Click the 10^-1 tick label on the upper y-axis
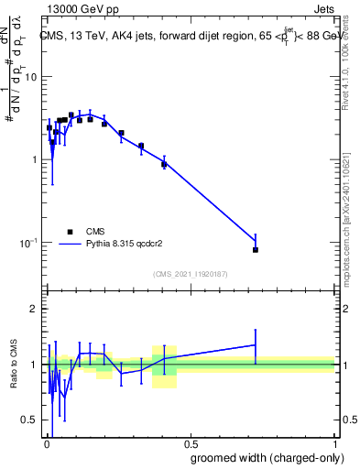[x=28, y=243]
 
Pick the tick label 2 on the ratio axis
[x=34, y=310]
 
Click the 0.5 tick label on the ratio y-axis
[x=29, y=420]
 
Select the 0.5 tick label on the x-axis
[x=190, y=445]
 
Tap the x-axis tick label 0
[x=46, y=445]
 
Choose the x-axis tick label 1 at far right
[x=333, y=445]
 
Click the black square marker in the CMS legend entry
[x=70, y=232]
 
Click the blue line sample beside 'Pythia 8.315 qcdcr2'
[x=70, y=245]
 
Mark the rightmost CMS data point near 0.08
[x=256, y=249]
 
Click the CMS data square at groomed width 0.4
[x=164, y=164]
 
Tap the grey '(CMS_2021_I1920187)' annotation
[x=190, y=273]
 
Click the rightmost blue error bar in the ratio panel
[x=256, y=344]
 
